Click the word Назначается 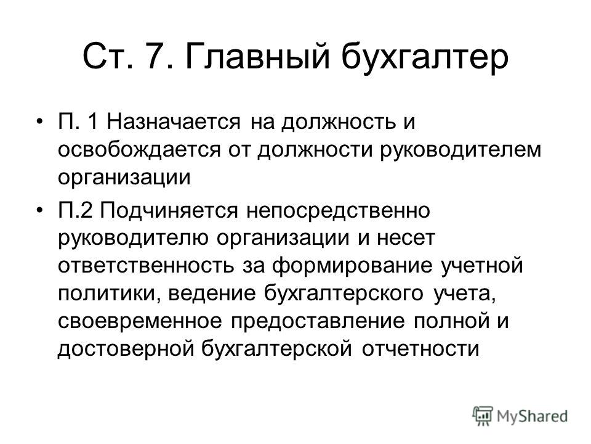[x=173, y=122]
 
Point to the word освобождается [x=139, y=150]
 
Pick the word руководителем [x=460, y=150]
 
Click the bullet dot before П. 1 [x=39, y=121]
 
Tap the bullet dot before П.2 [x=39, y=210]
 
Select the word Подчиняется [x=169, y=210]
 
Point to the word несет [x=406, y=239]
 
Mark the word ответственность [x=146, y=265]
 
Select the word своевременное [x=140, y=321]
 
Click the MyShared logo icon [x=483, y=416]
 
